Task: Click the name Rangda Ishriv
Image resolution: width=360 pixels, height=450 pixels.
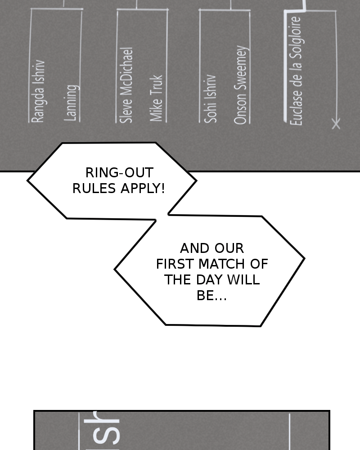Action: [38, 91]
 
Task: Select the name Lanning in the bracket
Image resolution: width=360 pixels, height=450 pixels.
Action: [72, 103]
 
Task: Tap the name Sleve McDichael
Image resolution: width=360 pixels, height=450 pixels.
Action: [127, 85]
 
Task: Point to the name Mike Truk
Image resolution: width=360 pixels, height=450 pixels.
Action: [156, 98]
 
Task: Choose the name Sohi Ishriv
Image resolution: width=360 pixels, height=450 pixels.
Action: [211, 99]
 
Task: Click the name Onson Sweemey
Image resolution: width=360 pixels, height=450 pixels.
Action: [241, 85]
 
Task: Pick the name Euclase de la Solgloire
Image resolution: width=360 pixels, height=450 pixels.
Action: [296, 71]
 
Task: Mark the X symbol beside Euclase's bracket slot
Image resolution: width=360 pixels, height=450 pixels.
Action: [336, 123]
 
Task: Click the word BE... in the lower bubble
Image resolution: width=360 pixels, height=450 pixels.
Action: [211, 296]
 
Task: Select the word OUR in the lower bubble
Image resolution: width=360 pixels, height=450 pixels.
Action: [229, 248]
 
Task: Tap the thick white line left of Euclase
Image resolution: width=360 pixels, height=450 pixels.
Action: [285, 67]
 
